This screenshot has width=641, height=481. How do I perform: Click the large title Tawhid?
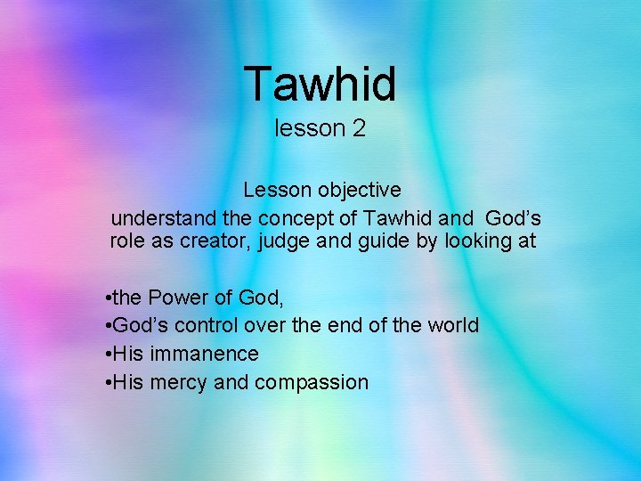[x=320, y=83]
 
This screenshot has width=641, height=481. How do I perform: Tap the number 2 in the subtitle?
[x=358, y=128]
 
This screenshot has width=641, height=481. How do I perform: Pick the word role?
[x=128, y=241]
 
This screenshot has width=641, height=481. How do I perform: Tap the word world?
[x=452, y=326]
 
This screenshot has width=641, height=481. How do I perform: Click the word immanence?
[x=204, y=355]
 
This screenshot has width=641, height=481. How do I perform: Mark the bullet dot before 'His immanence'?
[x=107, y=355]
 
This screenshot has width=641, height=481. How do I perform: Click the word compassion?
[x=311, y=383]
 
